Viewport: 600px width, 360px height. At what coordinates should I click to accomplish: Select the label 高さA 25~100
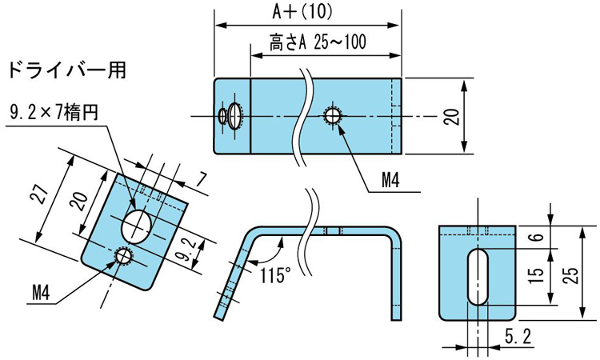tap(318, 43)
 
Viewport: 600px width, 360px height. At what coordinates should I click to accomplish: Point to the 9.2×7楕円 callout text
tap(54, 114)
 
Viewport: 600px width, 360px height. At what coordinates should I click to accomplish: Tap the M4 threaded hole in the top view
tap(333, 115)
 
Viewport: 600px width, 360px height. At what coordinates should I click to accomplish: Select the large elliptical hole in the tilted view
tap(136, 222)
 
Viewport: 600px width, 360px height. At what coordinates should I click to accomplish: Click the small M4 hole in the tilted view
tap(124, 256)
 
